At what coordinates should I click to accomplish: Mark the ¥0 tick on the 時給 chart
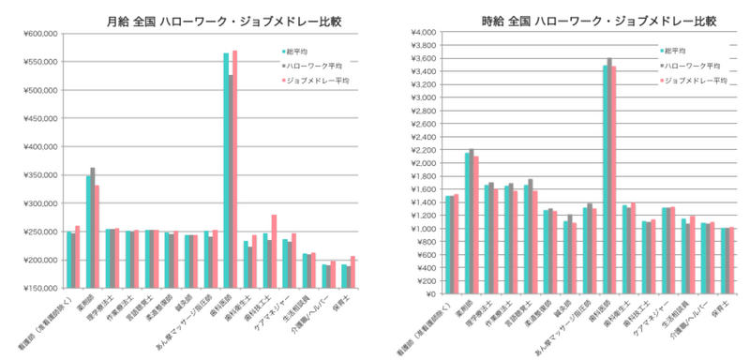point(430,293)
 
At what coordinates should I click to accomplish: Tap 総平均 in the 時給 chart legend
point(672,50)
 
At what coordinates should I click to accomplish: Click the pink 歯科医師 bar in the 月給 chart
point(234,169)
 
